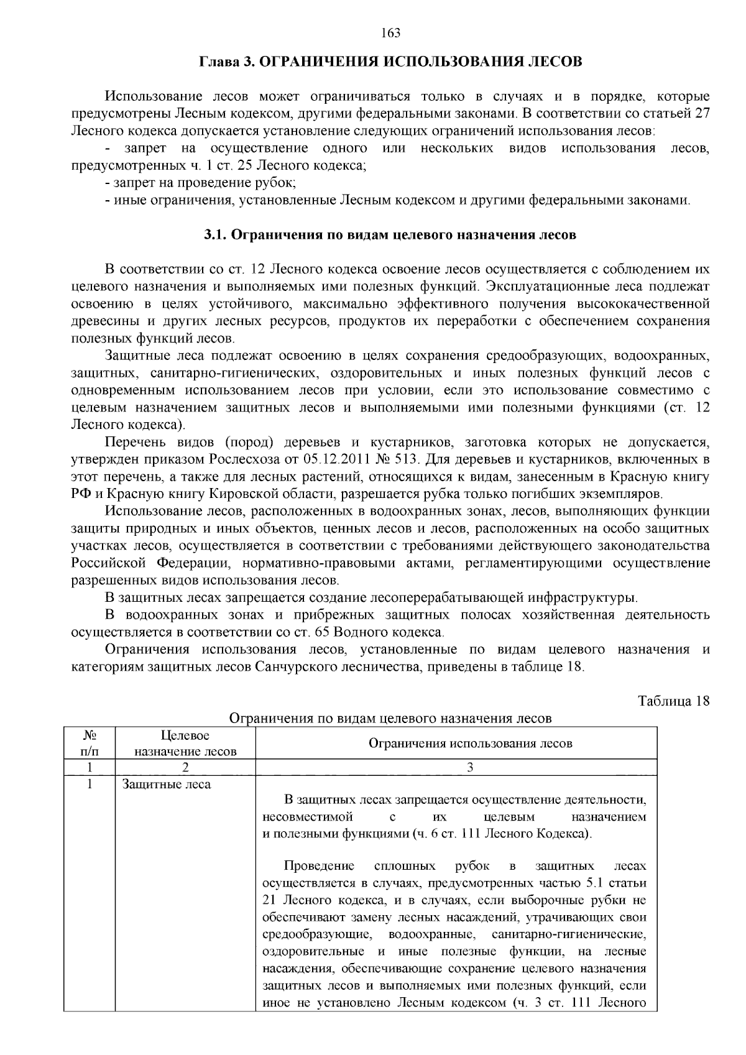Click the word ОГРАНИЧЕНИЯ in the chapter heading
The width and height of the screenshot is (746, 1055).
point(316,62)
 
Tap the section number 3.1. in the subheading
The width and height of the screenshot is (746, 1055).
point(217,235)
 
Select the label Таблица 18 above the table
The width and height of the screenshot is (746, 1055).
point(673,701)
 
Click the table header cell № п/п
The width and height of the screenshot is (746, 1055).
point(89,743)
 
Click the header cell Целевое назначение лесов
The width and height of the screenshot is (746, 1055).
point(185,743)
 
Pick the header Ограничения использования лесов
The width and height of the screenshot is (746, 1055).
point(470,743)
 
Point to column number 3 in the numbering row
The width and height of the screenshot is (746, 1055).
point(470,767)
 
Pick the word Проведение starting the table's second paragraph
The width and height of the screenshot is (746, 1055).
point(318,866)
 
